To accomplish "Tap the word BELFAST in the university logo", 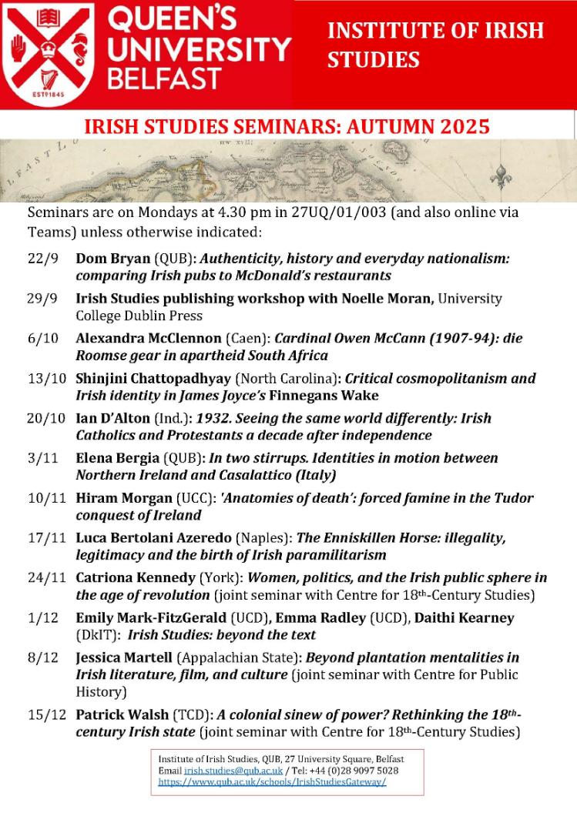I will click(x=163, y=79).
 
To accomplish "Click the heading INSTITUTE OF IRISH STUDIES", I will click(x=435, y=45).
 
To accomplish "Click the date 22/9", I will click(x=43, y=259).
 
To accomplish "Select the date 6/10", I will click(x=43, y=338).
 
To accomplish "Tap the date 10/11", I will click(x=43, y=498).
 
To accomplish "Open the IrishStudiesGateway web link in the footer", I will click(x=272, y=781).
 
